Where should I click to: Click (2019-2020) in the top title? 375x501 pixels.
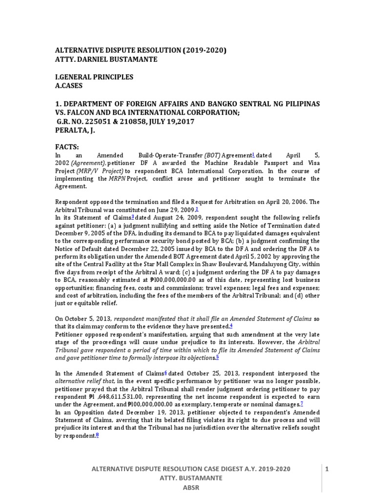click(202, 50)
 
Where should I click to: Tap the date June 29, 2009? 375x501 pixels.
click(174, 209)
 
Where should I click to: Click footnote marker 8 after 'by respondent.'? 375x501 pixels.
click(98, 435)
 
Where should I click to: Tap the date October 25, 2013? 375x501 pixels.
click(199, 373)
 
